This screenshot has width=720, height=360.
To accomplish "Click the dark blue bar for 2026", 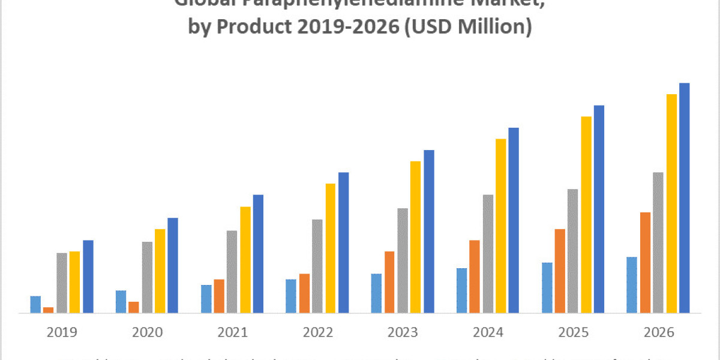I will point(684,198).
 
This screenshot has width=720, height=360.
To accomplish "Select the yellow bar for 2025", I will point(586,214).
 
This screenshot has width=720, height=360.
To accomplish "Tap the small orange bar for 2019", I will point(48,310).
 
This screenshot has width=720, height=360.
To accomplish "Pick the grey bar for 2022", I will point(317,266).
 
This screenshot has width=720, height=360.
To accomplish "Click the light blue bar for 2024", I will point(461,290).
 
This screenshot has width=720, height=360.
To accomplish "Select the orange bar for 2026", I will point(645,262).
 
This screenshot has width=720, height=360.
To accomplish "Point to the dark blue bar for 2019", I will point(88,276).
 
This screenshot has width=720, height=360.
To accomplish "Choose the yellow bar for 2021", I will point(246,259).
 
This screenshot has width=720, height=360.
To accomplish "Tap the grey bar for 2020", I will point(147,277).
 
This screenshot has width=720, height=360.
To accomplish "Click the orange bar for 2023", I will point(389,281).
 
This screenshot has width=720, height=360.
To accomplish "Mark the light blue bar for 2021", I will point(206,298).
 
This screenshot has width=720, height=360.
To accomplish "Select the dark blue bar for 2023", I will point(429,231).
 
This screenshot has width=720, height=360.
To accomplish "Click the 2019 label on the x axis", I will point(62,332).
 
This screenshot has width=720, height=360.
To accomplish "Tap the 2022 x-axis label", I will point(317,332).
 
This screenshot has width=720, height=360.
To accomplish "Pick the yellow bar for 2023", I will point(416,236).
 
